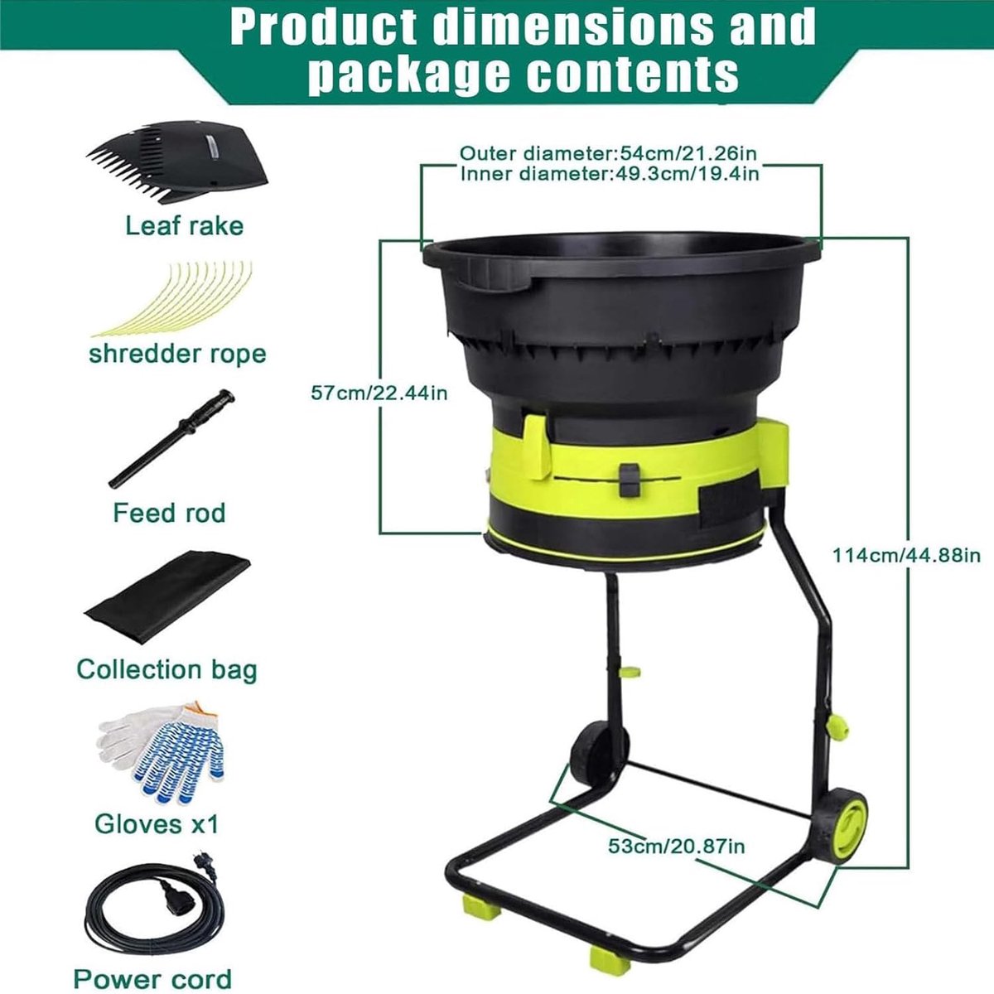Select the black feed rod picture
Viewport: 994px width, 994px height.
coord(171,439)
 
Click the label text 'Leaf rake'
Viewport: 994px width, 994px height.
coord(184,226)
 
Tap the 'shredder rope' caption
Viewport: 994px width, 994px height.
coord(177,354)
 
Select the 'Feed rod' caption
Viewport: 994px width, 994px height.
coord(169,513)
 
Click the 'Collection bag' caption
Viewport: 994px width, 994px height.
coord(166,669)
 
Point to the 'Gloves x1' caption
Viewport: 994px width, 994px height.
coord(157,823)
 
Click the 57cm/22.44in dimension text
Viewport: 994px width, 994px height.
coord(379,393)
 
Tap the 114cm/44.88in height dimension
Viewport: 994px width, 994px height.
coord(906,556)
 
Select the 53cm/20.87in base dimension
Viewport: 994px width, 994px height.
coord(676,846)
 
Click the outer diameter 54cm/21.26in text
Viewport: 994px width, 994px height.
coord(608,153)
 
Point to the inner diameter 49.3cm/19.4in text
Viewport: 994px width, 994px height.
coord(609,173)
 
